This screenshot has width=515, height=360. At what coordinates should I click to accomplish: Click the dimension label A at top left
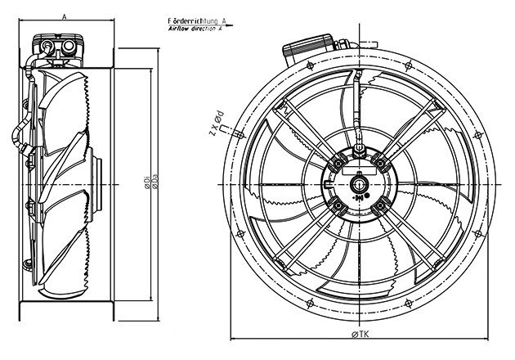tap(65, 16)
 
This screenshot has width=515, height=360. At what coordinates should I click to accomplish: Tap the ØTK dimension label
tap(360, 335)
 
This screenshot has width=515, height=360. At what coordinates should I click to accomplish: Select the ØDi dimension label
tap(147, 182)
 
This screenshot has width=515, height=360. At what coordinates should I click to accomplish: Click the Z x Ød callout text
tap(217, 124)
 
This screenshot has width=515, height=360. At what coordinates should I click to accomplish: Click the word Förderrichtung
tap(193, 20)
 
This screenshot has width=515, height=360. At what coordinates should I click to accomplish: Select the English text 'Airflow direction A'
tap(195, 29)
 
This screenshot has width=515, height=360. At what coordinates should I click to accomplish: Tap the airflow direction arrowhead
tap(229, 25)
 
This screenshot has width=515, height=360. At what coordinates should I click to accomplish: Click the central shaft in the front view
tap(359, 184)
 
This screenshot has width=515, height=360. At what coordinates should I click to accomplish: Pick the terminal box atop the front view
tap(309, 49)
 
